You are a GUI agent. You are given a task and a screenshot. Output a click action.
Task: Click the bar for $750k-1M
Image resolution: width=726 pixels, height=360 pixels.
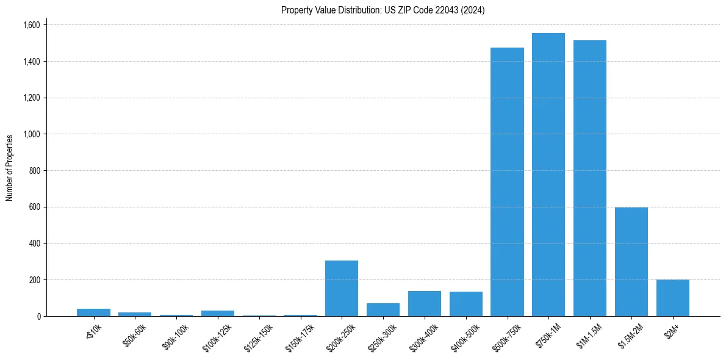tap(548, 175)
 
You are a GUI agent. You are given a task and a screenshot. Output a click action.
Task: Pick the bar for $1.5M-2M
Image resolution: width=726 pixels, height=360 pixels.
tap(631, 262)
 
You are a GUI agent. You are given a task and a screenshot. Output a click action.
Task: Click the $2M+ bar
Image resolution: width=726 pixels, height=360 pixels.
tap(672, 298)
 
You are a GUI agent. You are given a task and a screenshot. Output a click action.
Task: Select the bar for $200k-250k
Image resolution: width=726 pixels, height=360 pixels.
tap(341, 288)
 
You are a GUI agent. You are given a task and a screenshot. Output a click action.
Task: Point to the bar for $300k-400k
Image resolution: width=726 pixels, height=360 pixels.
tap(424, 304)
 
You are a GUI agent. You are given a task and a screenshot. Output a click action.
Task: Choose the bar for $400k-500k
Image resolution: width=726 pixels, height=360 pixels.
tap(465, 304)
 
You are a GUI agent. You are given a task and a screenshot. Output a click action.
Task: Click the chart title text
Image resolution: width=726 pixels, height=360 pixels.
tap(383, 10)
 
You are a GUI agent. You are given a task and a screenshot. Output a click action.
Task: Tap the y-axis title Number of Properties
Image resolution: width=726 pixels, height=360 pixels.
tap(10, 168)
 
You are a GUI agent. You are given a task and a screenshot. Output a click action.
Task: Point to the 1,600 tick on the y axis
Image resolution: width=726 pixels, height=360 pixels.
tap(31, 25)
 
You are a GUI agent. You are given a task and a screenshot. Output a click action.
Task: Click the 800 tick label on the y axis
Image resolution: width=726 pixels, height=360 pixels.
tap(34, 171)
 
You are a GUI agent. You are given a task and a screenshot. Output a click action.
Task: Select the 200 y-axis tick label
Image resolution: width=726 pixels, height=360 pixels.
tap(34, 280)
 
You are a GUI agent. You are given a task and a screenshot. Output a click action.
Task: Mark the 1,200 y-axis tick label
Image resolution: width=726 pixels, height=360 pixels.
tap(31, 98)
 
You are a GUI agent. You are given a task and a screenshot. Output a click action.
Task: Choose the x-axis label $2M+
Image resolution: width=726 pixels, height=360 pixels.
tap(672, 330)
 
